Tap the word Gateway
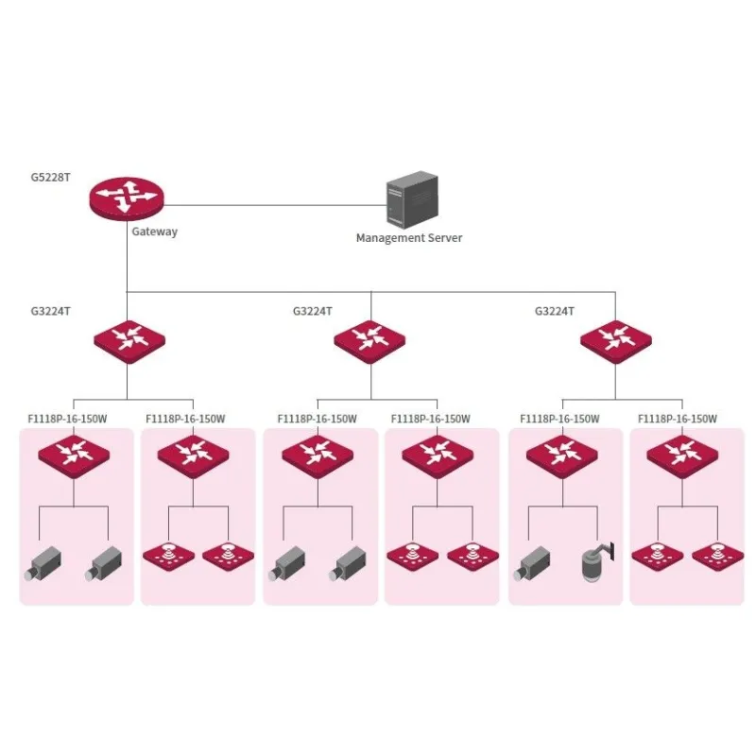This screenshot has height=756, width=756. pyautogui.click(x=154, y=232)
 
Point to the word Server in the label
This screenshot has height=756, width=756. pyautogui.click(x=445, y=238)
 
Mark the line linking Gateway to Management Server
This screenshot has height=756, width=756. pyautogui.click(x=274, y=202)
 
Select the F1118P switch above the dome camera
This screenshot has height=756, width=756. pyautogui.click(x=561, y=454)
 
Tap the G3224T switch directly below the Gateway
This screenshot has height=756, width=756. pyautogui.click(x=127, y=338)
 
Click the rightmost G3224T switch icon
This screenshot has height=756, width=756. pyautogui.click(x=614, y=338)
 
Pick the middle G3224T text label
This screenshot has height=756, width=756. pyautogui.click(x=312, y=310)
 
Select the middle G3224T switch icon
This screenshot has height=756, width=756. pyautogui.click(x=370, y=338)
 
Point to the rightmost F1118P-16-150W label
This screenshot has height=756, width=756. pyautogui.click(x=678, y=419)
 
